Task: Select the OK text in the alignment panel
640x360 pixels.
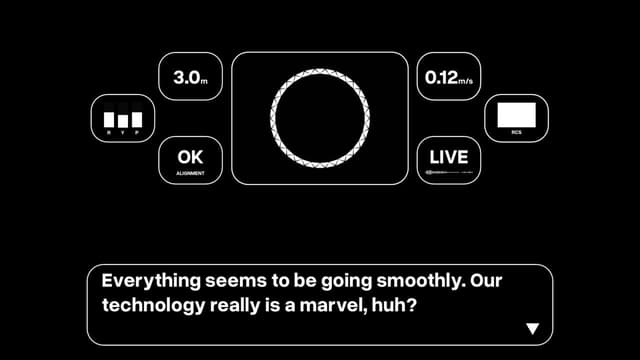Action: pos(189,157)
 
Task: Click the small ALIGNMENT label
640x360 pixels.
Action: pos(190,173)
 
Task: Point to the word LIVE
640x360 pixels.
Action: pos(448,157)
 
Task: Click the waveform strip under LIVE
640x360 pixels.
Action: pos(448,173)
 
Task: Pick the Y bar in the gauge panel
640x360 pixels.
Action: pos(123,121)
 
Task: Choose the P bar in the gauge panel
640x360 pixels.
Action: pos(137,118)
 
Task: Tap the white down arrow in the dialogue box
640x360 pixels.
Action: pos(532,328)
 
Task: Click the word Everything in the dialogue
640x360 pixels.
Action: pos(145,281)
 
